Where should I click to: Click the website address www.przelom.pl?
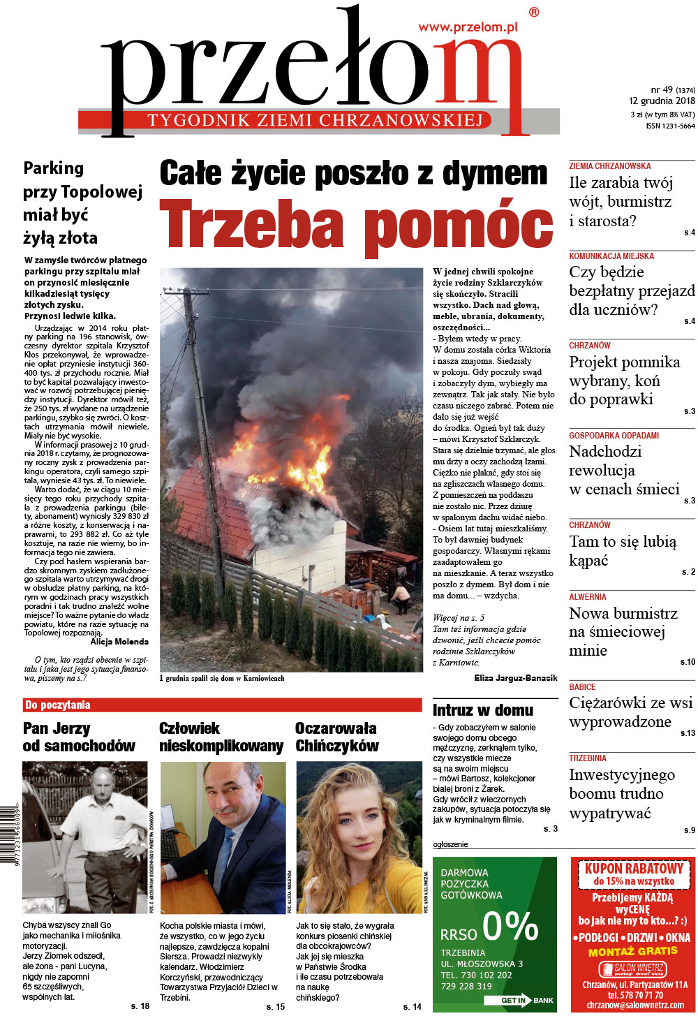click(x=468, y=27)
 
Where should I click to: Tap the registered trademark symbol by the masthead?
click(x=534, y=12)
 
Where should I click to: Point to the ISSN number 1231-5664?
click(x=670, y=126)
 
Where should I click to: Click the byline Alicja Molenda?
click(x=119, y=641)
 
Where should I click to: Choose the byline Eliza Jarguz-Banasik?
click(x=515, y=677)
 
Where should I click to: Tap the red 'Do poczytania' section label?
click(x=58, y=705)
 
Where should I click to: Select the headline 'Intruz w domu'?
click(x=483, y=710)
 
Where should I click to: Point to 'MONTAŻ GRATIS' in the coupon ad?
click(x=632, y=951)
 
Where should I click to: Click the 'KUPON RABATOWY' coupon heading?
click(x=633, y=869)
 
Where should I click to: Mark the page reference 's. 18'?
click(x=140, y=1006)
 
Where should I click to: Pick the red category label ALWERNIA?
click(x=588, y=597)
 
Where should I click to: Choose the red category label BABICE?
click(x=582, y=687)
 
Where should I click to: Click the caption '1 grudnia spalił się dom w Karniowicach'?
click(x=222, y=678)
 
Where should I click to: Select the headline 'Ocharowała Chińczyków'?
click(x=336, y=737)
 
